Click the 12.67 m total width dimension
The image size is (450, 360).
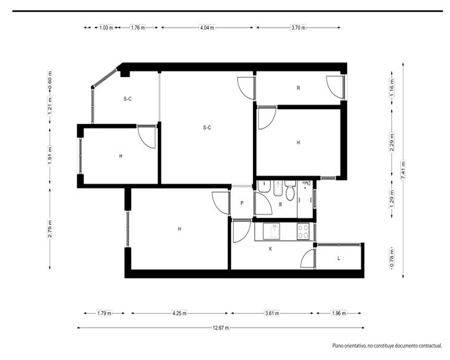(220, 328)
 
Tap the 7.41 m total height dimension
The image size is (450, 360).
(403, 170)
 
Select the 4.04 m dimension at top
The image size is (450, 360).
(207, 27)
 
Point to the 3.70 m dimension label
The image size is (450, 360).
(298, 27)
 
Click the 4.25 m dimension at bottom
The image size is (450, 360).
(180, 313)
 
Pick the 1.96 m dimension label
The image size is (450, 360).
(339, 313)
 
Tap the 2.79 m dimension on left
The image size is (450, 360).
(50, 229)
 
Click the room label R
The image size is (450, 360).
(298, 88)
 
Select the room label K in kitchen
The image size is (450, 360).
(270, 249)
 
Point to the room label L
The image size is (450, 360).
(339, 258)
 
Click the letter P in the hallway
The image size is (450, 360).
(242, 203)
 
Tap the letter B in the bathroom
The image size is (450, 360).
(280, 204)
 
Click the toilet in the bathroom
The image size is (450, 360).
(290, 190)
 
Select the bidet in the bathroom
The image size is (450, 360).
(278, 188)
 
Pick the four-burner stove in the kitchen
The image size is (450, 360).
(303, 232)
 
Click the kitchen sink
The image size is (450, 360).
(271, 231)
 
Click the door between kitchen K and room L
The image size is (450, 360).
(308, 258)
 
